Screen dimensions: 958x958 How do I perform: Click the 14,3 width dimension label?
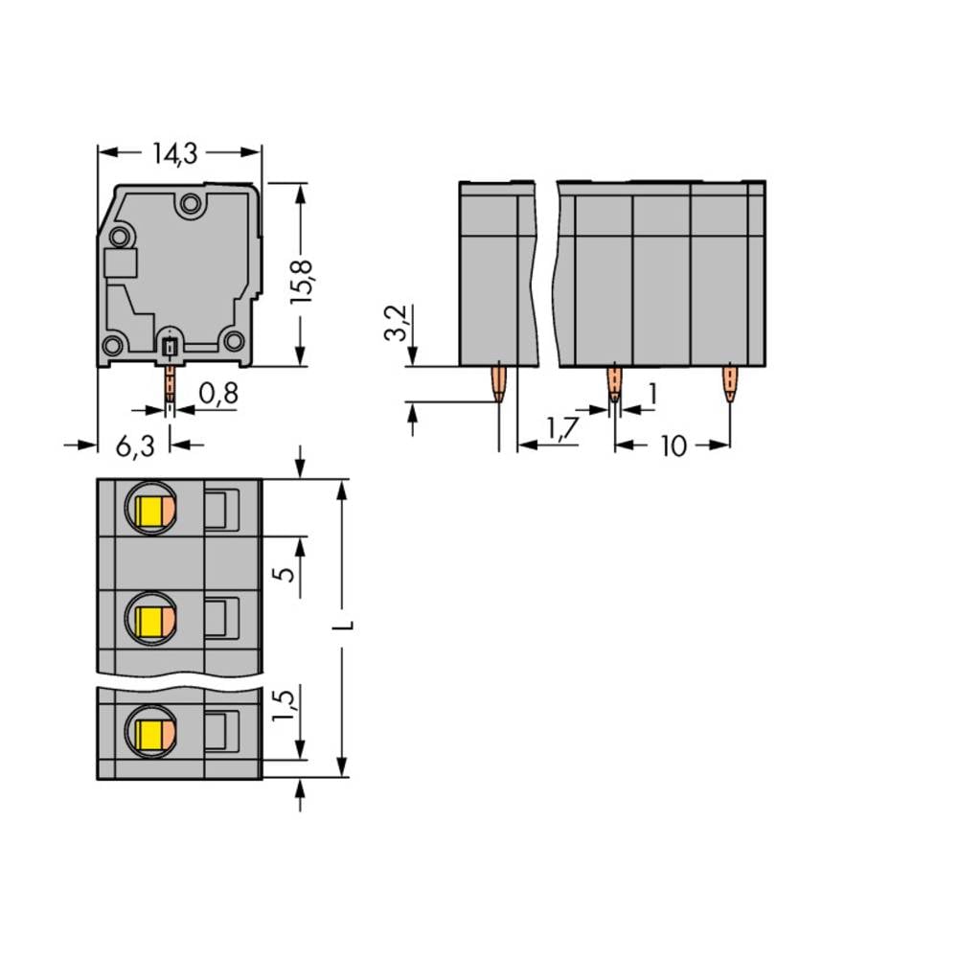(179, 152)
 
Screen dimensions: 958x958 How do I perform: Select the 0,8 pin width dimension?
(218, 393)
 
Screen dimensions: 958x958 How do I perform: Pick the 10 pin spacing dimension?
(674, 445)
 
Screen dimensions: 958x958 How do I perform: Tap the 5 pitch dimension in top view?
(282, 575)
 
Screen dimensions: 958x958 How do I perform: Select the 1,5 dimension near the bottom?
(282, 706)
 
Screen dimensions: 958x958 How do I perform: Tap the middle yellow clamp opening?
(150, 623)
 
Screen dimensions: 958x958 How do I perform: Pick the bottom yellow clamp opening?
(150, 733)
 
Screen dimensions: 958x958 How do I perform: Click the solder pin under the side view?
(170, 383)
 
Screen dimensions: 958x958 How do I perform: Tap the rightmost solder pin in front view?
(730, 383)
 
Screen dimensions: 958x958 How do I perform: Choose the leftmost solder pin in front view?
(499, 383)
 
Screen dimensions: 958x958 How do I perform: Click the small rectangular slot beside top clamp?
(222, 509)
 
